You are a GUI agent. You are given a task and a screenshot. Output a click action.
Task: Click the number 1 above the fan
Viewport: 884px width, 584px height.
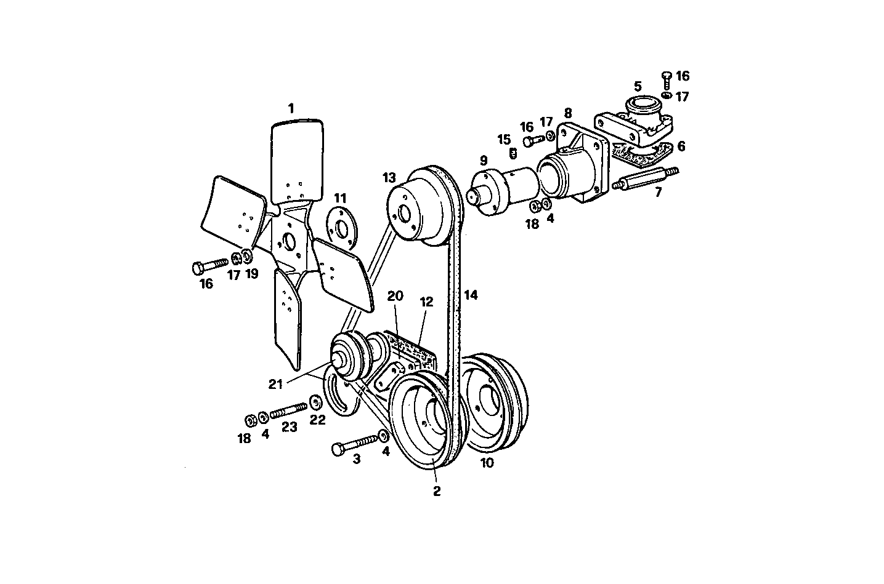[291, 108]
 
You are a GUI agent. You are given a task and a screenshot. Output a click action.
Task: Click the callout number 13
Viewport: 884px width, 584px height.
[389, 178]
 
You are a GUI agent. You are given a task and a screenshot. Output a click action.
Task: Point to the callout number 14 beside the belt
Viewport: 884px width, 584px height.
[471, 295]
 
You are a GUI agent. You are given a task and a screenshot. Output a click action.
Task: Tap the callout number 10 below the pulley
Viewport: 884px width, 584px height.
[487, 463]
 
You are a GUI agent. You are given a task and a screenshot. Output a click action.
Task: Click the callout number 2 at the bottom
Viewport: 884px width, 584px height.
[436, 491]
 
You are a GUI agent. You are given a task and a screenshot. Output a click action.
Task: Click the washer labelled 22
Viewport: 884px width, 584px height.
[315, 402]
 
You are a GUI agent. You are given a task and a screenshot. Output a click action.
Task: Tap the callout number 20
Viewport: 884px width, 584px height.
[395, 296]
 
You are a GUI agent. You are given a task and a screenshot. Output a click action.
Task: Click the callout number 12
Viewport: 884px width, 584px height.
[426, 302]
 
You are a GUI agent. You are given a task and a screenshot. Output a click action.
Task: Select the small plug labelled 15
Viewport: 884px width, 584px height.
[511, 151]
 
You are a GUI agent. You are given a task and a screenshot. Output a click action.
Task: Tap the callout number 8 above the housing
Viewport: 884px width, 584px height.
[567, 113]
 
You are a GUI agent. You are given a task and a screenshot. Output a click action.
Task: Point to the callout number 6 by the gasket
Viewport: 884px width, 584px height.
[680, 146]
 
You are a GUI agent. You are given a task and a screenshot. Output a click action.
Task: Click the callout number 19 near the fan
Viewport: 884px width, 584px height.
[251, 274]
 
